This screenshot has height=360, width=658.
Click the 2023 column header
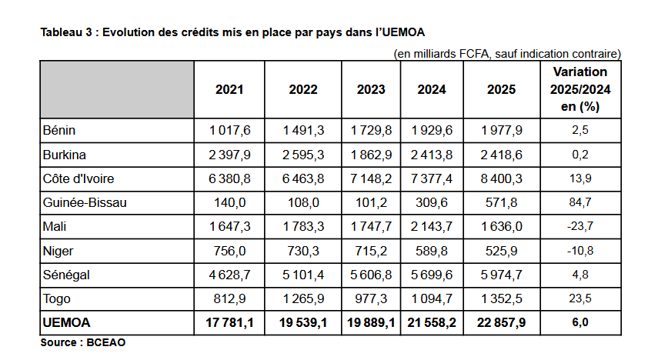[x=371, y=89]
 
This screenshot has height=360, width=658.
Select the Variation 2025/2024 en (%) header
[x=580, y=89]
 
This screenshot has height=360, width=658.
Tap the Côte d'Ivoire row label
[x=78, y=178]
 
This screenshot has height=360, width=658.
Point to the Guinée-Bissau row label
[x=85, y=202]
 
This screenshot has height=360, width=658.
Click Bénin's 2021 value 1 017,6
[x=229, y=131]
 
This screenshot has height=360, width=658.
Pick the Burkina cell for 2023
[x=371, y=155]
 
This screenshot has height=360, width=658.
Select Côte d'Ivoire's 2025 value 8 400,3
[x=502, y=178]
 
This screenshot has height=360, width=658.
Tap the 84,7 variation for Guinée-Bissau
[x=580, y=202]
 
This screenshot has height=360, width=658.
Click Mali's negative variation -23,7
[x=580, y=227]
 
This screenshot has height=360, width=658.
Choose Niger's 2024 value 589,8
[x=432, y=251]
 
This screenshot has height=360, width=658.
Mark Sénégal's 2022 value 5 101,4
[x=303, y=275]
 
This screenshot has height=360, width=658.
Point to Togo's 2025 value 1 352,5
[x=502, y=298]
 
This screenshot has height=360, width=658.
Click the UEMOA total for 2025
[x=502, y=322]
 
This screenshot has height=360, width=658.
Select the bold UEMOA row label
[x=66, y=322]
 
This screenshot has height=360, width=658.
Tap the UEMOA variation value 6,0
[x=580, y=322]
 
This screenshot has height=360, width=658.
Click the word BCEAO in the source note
[x=105, y=342]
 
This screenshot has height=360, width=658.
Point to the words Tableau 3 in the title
[x=66, y=32]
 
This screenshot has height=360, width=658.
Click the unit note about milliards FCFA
[x=507, y=54]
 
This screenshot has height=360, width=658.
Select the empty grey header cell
[x=117, y=89]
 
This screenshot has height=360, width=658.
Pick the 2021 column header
[x=229, y=89]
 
